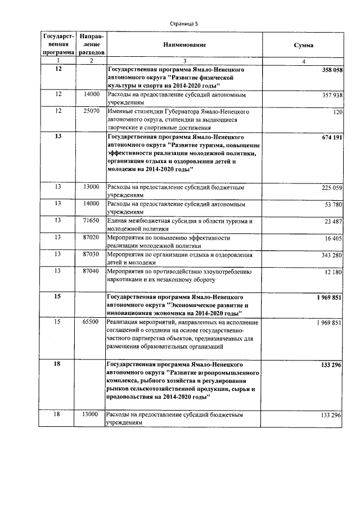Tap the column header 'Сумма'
click(x=304, y=44)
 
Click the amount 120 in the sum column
click(x=337, y=112)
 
